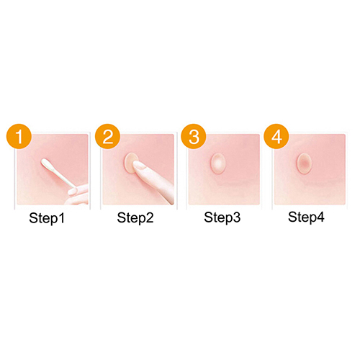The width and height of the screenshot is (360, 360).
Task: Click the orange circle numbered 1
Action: [x=19, y=136]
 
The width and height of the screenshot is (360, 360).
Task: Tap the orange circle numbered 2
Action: [x=107, y=136]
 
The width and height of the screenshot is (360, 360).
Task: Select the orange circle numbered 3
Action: [x=194, y=136]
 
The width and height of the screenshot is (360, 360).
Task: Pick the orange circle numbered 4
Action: [x=276, y=136]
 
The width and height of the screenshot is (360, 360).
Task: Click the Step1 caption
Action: [x=47, y=218]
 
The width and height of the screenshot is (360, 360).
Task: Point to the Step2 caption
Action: [x=135, y=218]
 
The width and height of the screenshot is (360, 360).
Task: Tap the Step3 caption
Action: [x=222, y=217]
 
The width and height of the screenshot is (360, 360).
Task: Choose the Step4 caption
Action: [x=306, y=217]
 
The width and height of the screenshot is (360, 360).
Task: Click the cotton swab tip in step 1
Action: [x=46, y=164]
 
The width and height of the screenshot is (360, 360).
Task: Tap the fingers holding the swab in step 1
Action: [x=78, y=193]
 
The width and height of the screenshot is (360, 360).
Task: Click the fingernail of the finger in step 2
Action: [x=139, y=166]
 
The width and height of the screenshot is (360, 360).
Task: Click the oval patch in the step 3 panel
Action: [x=217, y=163]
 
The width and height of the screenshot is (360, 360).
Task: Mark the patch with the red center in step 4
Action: [x=304, y=163]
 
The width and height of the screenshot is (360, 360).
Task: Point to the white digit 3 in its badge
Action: [x=194, y=137]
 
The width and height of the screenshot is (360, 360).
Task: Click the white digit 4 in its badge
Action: [x=276, y=137]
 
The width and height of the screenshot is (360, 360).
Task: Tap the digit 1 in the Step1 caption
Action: [x=61, y=217]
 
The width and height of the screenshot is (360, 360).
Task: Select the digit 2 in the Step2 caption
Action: [x=150, y=217]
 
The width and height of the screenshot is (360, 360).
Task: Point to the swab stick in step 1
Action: [x=60, y=178]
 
